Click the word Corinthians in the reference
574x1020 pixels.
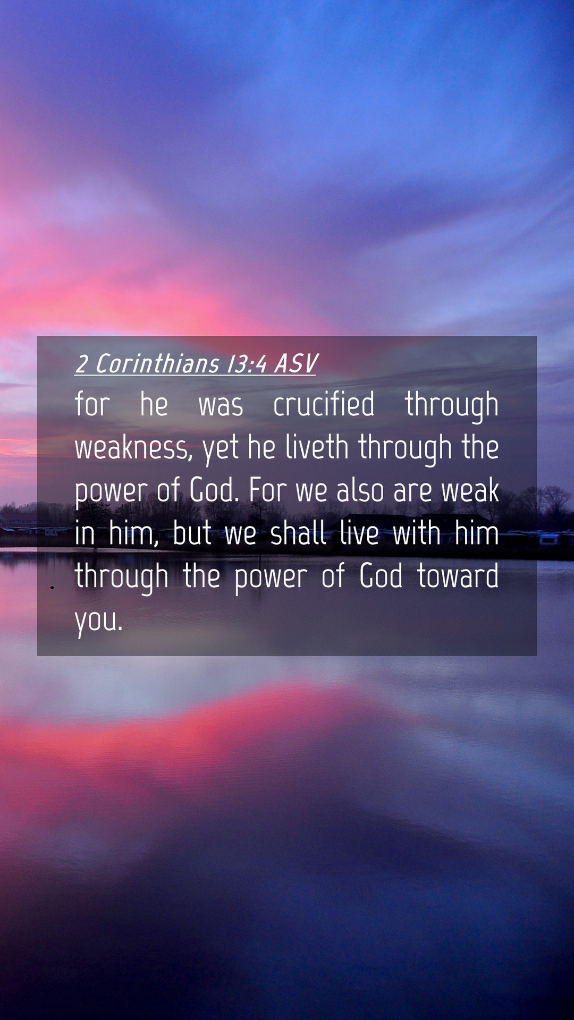[157, 364]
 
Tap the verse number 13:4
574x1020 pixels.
[247, 364]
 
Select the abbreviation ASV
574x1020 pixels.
[296, 364]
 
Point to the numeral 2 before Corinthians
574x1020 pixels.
[81, 364]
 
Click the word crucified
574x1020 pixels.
[324, 404]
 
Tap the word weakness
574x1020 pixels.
[133, 448]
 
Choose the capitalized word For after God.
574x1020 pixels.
[268, 490]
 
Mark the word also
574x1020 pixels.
[360, 490]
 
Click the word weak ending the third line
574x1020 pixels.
[470, 490]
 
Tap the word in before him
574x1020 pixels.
[85, 533]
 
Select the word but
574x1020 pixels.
[192, 533]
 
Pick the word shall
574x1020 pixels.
[298, 533]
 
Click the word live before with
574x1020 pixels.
[359, 533]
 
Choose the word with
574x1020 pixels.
[417, 533]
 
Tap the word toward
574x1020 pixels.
[458, 576]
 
